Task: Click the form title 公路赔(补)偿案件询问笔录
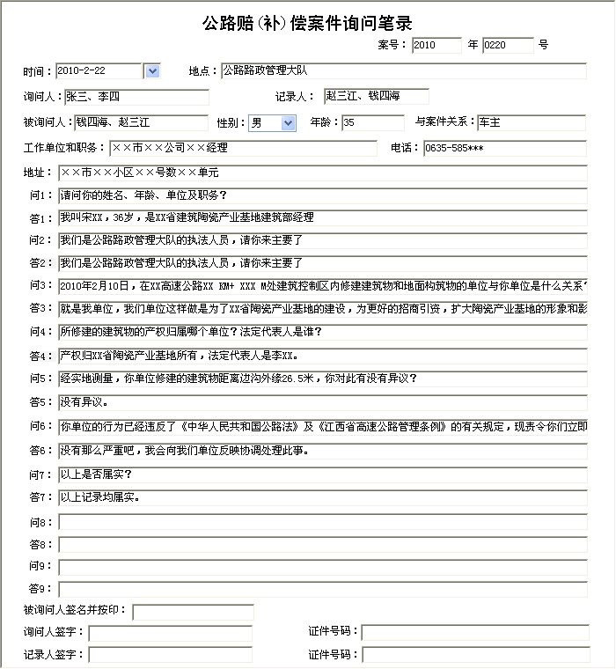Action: pyautogui.click(x=307, y=24)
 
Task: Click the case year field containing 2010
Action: pyautogui.click(x=436, y=45)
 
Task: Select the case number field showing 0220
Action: pyautogui.click(x=508, y=45)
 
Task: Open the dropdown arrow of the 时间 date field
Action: pyautogui.click(x=150, y=70)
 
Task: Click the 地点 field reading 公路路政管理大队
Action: pyautogui.click(x=403, y=70)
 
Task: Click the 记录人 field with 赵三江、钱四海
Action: pyautogui.click(x=376, y=96)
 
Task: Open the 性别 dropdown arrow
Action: pyautogui.click(x=288, y=123)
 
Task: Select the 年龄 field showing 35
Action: pyautogui.click(x=371, y=122)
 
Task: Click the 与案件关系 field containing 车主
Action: pyautogui.click(x=531, y=122)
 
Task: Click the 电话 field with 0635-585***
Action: pyautogui.click(x=504, y=148)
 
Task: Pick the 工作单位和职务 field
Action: pyautogui.click(x=243, y=148)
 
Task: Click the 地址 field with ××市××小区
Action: pyautogui.click(x=322, y=173)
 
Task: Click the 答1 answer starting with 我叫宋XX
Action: pyautogui.click(x=322, y=217)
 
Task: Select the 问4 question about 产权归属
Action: pyautogui.click(x=322, y=332)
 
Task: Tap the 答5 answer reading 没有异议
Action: pyautogui.click(x=322, y=402)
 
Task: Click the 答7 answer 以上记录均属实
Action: pyautogui.click(x=322, y=497)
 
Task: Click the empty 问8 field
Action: pyautogui.click(x=322, y=522)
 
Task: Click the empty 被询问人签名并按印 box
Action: pyautogui.click(x=193, y=612)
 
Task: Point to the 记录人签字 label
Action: pyautogui.click(x=54, y=655)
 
